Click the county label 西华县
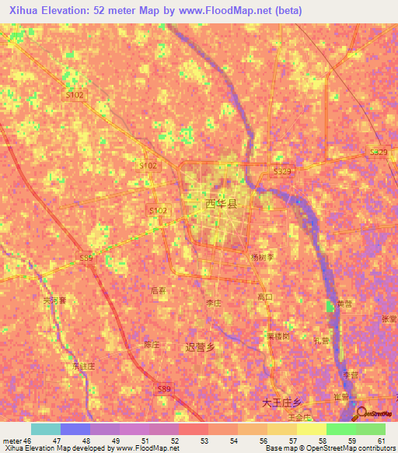(220, 204)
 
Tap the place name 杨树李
(262, 257)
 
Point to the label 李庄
(213, 304)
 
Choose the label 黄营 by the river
(344, 304)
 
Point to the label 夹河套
(55, 300)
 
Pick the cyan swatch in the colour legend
(45, 429)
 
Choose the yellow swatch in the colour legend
(311, 429)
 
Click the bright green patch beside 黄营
(330, 306)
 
